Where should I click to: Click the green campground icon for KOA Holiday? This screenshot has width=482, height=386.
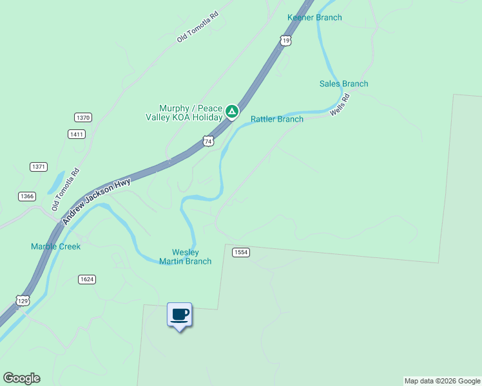(232, 113)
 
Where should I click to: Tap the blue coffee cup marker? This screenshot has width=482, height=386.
(180, 315)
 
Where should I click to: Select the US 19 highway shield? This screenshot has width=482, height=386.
(286, 41)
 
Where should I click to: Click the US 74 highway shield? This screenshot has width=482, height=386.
(207, 140)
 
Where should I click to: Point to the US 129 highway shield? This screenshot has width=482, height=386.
(23, 300)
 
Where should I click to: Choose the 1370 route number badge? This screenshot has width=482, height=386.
(83, 117)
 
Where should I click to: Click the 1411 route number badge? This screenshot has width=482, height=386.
(76, 134)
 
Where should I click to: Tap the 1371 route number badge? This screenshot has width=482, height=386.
(39, 167)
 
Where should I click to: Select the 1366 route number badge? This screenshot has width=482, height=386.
(27, 196)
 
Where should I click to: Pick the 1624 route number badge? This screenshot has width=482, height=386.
(87, 279)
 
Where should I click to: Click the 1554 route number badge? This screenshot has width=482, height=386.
(240, 252)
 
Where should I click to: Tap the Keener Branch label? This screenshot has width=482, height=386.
(314, 17)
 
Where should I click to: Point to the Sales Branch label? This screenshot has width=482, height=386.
(344, 84)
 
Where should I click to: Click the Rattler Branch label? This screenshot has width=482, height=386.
(277, 119)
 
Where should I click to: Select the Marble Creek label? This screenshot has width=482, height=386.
(56, 246)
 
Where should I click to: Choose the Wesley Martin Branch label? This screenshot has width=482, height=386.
(186, 257)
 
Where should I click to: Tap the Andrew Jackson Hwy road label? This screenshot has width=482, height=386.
(97, 200)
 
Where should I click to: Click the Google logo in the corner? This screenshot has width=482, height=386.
(21, 378)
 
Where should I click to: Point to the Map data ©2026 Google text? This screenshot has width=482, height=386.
(441, 381)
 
